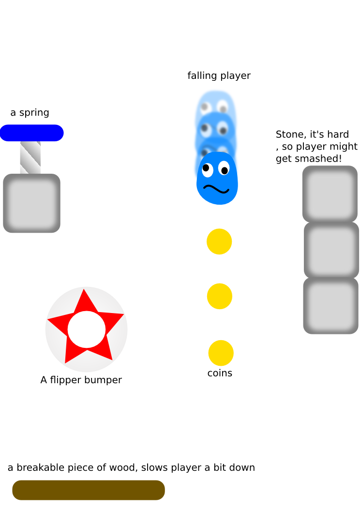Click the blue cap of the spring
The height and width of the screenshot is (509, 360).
point(31,133)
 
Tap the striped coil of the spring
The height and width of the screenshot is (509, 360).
point(30,157)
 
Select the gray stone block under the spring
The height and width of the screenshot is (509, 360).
point(31,203)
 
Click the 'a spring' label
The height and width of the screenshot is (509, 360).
point(30,113)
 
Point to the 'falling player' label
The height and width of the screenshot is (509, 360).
point(219,75)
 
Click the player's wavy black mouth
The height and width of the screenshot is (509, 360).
point(216,188)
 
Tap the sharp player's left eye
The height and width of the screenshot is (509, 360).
point(207,168)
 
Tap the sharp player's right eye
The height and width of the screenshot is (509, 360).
point(224,169)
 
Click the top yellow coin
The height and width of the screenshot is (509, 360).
point(219,241)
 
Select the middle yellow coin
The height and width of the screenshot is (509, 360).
point(219,296)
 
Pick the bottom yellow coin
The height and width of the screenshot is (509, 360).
point(221,353)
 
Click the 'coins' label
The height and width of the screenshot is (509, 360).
point(220,373)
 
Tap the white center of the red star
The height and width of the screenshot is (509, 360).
point(87,329)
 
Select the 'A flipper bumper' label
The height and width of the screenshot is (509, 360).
point(81,380)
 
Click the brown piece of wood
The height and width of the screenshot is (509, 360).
point(89,490)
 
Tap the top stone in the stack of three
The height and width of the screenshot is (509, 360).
point(330,194)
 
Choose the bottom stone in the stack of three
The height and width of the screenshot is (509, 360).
point(331,306)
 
